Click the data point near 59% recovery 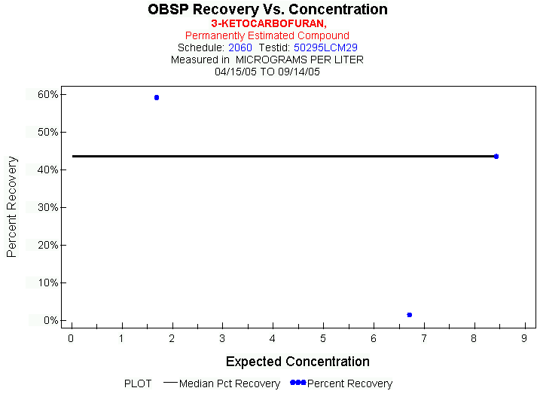tap(157, 97)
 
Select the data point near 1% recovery tap(409, 315)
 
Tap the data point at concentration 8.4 tap(496, 156)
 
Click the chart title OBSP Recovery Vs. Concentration tap(268, 10)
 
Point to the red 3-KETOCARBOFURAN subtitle tap(268, 24)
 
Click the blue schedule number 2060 tap(240, 47)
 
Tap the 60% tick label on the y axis tap(49, 94)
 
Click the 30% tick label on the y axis tap(49, 207)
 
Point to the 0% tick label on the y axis tap(51, 320)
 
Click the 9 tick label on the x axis tap(524, 338)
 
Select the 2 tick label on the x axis tap(172, 338)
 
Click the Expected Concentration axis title tap(297, 362)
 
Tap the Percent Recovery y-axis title tap(12, 207)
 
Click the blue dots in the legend tap(298, 383)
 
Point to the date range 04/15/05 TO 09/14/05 tap(268, 72)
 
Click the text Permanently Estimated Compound tap(267, 35)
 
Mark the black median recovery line tap(286, 156)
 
